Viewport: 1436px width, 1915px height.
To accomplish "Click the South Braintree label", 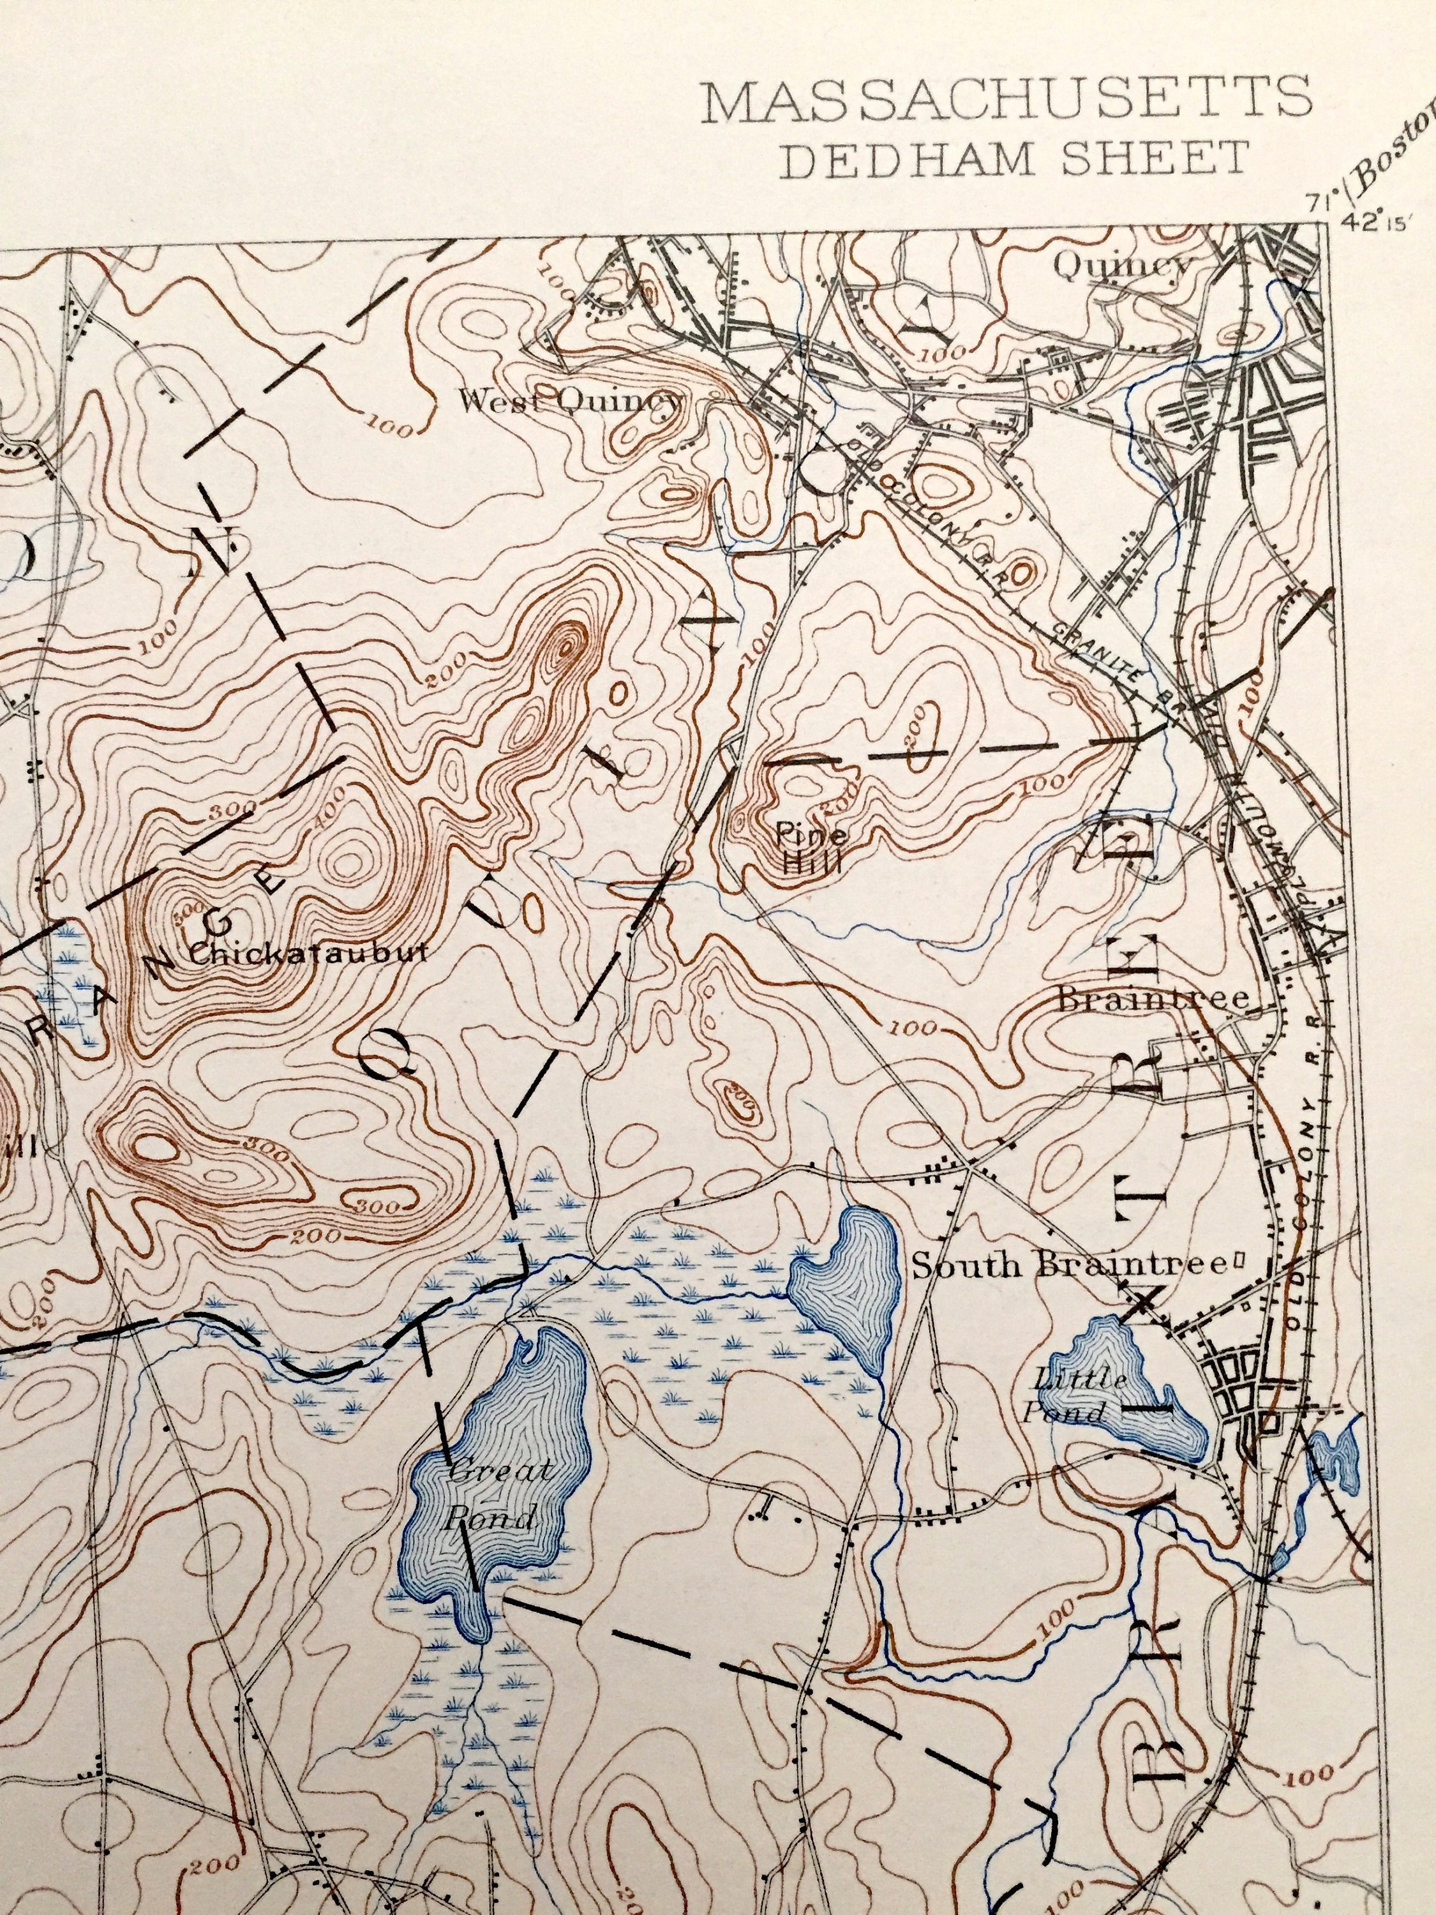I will [1069, 1266].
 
